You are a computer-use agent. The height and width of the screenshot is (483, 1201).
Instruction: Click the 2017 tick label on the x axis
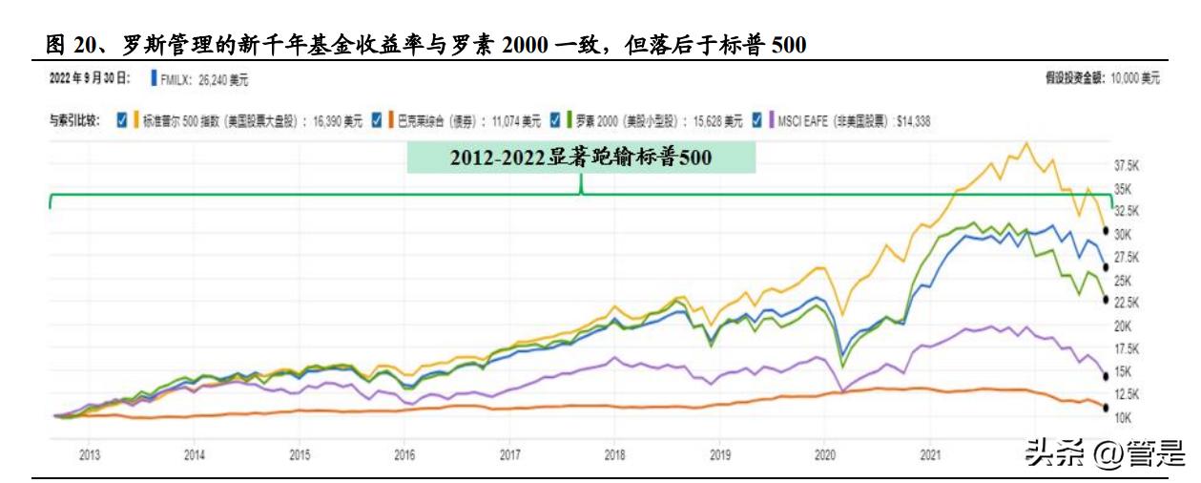tap(509, 455)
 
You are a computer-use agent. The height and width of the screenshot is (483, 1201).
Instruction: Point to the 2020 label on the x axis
tap(825, 455)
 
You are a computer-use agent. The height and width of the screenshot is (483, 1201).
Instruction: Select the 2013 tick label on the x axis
tap(89, 455)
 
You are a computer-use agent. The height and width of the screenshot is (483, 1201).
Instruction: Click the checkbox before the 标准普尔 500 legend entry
tap(121, 120)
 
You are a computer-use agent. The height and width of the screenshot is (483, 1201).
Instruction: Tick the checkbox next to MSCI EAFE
tap(757, 120)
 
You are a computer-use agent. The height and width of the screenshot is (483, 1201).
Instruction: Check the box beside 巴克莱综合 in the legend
tap(378, 120)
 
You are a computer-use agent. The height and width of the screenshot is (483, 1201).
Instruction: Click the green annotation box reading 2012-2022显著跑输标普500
tap(581, 158)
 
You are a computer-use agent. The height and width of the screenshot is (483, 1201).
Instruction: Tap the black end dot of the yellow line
tap(1105, 232)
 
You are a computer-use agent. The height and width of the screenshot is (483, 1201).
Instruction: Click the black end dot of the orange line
tap(1105, 409)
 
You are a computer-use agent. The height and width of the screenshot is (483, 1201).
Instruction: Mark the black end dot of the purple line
tap(1105, 375)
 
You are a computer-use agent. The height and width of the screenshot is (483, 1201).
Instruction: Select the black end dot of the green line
tap(1105, 300)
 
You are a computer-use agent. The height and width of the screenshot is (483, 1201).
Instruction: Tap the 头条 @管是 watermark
tap(1105, 450)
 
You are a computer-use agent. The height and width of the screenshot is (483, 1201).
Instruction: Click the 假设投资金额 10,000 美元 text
tap(1103, 77)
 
